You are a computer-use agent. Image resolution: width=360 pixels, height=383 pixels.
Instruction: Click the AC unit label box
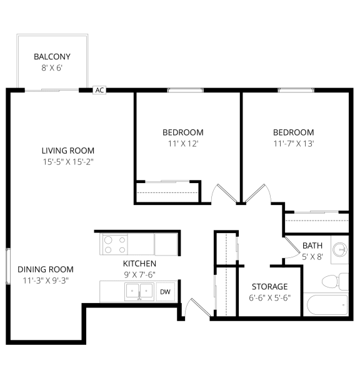coord(99,90)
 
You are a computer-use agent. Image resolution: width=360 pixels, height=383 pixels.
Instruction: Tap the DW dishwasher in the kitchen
coord(165,292)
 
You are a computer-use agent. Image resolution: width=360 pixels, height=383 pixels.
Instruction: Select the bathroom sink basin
coord(340,250)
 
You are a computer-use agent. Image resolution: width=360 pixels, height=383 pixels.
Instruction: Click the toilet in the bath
coord(335,282)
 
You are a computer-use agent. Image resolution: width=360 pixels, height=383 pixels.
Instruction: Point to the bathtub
coord(327,306)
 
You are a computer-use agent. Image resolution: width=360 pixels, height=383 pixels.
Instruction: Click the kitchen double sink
coord(139,291)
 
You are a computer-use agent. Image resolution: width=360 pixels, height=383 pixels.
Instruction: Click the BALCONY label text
coord(52,57)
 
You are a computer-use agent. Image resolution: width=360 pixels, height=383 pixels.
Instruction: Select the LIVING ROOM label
coord(68,151)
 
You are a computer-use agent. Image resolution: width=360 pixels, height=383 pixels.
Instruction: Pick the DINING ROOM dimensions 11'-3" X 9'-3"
coord(46,281)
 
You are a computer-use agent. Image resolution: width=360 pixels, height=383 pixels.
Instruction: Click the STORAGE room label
coord(269,287)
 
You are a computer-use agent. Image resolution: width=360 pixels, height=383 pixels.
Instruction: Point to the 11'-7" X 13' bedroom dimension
coord(294,144)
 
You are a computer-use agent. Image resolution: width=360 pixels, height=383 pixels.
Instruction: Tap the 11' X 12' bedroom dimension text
coord(182,144)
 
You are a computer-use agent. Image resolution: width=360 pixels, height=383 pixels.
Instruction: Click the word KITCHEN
coord(139,264)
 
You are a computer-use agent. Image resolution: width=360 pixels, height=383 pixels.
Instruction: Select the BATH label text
coord(312,246)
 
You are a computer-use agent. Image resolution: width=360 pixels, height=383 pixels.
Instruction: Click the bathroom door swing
coord(292,247)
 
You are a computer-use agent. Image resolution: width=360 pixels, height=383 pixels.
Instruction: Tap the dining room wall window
coord(8,266)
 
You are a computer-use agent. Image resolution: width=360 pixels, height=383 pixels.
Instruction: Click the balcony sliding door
coord(52,91)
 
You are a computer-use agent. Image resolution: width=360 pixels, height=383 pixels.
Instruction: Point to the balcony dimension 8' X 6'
coord(52,68)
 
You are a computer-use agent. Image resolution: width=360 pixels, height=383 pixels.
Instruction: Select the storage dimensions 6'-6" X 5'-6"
coord(269,298)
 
